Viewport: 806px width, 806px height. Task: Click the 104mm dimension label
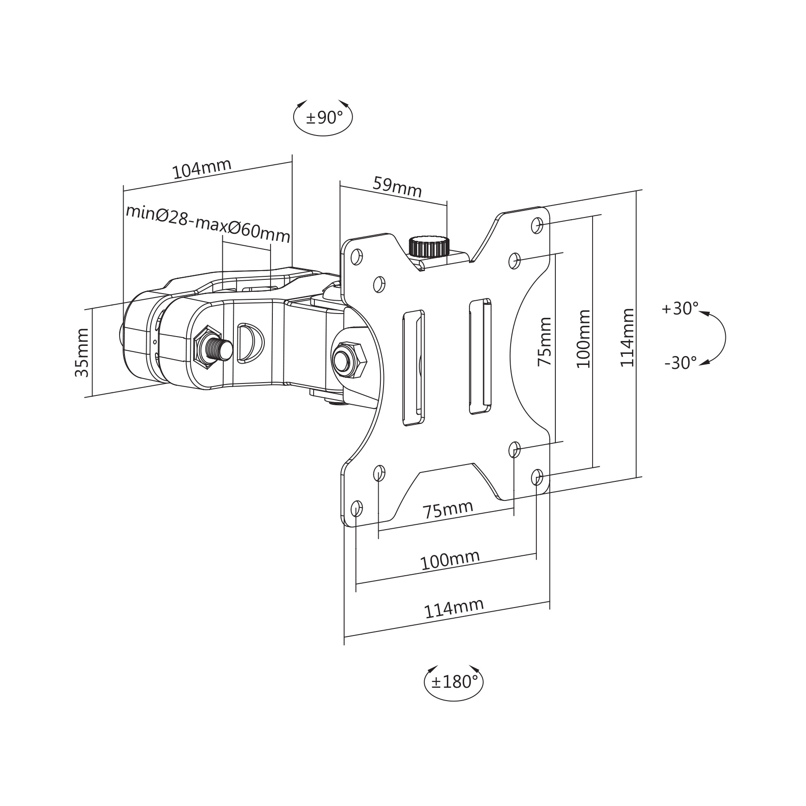(202, 168)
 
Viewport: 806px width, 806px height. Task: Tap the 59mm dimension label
(397, 187)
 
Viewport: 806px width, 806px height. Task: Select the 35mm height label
(82, 353)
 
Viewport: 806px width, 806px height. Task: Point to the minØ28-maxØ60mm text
(208, 224)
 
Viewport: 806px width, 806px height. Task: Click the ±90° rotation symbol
(323, 117)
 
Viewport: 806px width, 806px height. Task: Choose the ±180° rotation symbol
(453, 682)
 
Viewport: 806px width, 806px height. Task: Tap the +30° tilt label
(680, 308)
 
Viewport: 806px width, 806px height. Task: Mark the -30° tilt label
(681, 363)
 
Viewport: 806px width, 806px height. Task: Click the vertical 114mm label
(627, 337)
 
